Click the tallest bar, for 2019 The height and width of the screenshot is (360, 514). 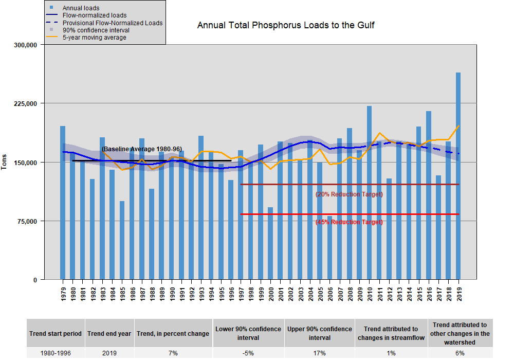[x=458, y=175]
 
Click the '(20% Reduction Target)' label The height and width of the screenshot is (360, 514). [x=349, y=194]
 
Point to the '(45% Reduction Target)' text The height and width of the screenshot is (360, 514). [x=349, y=222]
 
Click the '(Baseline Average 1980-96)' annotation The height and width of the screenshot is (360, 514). [x=141, y=149]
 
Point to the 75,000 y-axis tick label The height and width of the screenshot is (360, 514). [x=28, y=221]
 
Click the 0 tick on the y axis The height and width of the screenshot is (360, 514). [x=35, y=280]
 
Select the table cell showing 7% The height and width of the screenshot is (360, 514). [x=173, y=353]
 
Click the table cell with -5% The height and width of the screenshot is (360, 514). [x=248, y=353]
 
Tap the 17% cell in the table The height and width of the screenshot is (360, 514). [x=319, y=353]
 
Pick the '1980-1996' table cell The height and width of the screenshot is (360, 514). [x=55, y=353]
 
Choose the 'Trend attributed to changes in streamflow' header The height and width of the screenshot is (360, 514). [x=391, y=333]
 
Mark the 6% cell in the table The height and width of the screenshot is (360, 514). [x=460, y=353]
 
